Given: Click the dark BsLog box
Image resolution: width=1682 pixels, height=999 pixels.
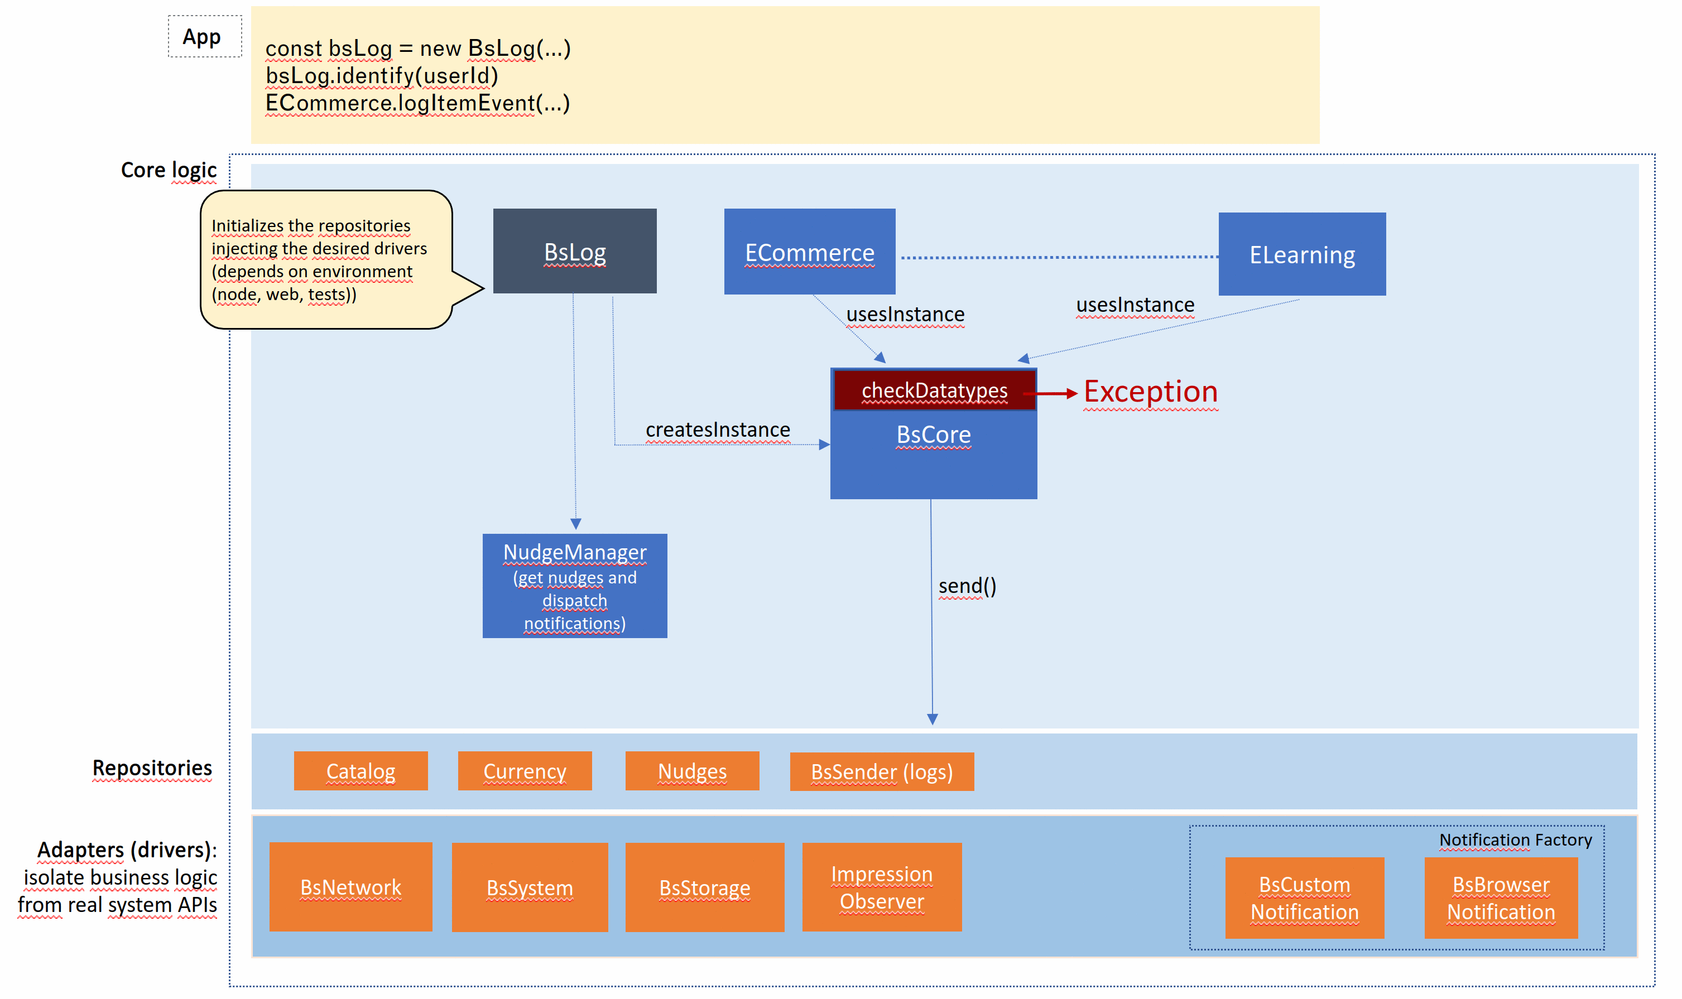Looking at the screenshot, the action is click(574, 250).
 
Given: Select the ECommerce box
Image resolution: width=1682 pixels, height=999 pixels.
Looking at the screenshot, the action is click(809, 251).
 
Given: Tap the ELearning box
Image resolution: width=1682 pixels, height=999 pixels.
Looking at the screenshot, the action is click(1301, 254).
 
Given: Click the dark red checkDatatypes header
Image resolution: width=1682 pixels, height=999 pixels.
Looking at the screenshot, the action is click(934, 390).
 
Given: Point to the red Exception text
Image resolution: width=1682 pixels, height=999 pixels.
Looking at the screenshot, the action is click(1150, 391).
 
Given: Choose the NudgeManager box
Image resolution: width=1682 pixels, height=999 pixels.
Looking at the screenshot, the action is click(574, 586).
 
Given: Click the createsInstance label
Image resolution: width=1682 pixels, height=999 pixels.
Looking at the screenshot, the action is click(718, 429).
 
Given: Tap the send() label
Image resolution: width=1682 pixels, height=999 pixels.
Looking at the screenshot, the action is click(967, 586).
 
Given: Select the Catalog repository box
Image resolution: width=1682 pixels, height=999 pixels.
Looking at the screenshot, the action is click(361, 771).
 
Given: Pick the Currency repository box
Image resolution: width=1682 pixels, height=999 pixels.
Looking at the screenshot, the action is click(525, 771).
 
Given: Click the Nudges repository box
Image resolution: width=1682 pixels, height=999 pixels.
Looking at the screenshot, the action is click(692, 771).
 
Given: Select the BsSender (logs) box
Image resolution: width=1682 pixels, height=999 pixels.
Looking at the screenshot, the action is click(881, 771).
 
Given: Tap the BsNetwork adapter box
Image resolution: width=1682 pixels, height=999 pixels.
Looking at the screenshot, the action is click(350, 886).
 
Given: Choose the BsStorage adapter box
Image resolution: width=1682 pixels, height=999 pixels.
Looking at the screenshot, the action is click(704, 887).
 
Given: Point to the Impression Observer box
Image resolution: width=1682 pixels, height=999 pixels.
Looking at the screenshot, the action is click(881, 886).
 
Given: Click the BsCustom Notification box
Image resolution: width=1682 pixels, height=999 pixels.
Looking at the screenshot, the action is click(1304, 897).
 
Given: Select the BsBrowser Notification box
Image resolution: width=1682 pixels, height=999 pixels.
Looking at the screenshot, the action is click(1501, 897).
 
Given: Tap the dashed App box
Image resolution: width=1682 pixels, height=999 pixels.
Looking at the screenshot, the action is click(205, 36).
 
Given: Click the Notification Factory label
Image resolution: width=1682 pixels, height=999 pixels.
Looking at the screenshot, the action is click(1515, 839).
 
